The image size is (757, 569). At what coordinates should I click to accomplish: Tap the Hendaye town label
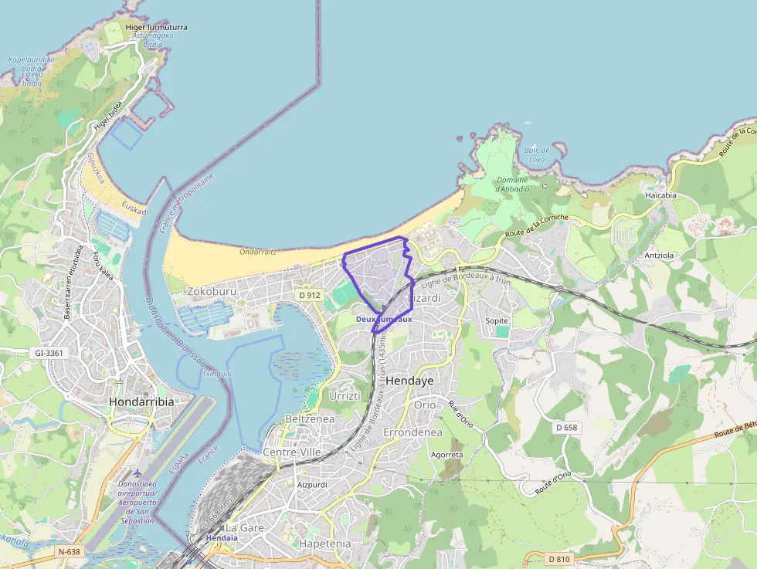point(409,381)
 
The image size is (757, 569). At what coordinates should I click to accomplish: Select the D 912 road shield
point(309,295)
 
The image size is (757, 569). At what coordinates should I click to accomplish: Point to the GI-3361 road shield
point(48,353)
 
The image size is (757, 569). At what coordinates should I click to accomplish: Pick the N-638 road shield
point(69,552)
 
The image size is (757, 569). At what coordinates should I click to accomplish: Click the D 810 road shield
point(558,558)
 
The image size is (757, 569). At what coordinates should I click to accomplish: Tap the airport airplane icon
point(137,472)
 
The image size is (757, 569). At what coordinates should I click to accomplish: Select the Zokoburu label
point(212,292)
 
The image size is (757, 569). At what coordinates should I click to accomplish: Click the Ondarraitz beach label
point(258,252)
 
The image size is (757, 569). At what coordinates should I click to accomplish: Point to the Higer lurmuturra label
point(156,27)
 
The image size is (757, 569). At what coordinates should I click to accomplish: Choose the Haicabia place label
point(660,195)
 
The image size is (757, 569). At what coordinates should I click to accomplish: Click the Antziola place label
point(659,255)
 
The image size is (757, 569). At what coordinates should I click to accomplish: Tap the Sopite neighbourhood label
point(497,320)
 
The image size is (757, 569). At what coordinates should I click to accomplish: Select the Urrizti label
point(345,396)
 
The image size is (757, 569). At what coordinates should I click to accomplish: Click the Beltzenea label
point(309,418)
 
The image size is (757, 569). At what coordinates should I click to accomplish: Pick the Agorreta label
point(447,455)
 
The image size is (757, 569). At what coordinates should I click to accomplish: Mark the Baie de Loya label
point(536,154)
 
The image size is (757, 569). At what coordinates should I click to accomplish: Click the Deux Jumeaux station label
point(384,319)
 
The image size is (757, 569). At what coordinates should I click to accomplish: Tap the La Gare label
point(244,528)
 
